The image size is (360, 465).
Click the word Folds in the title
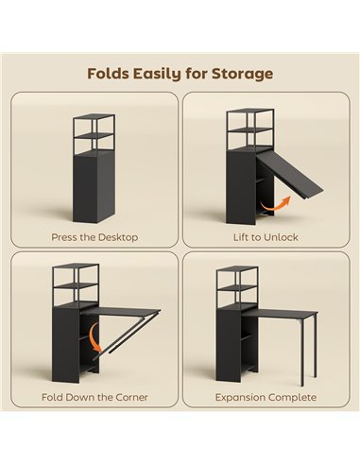click(110, 73)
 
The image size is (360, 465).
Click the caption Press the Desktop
click(94, 236)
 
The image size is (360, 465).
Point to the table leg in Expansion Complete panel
click(301, 353)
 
